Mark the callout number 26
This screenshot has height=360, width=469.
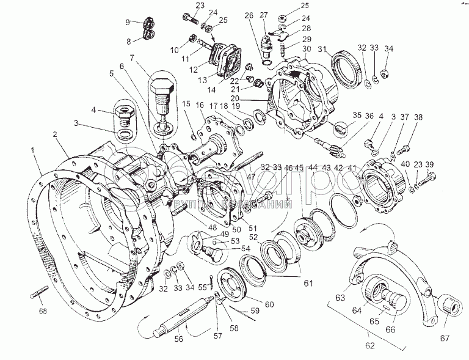coord(249,16)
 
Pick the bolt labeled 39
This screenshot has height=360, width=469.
coord(427,179)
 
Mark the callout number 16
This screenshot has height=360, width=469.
coord(200,105)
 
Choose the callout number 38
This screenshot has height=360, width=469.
coord(418,117)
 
